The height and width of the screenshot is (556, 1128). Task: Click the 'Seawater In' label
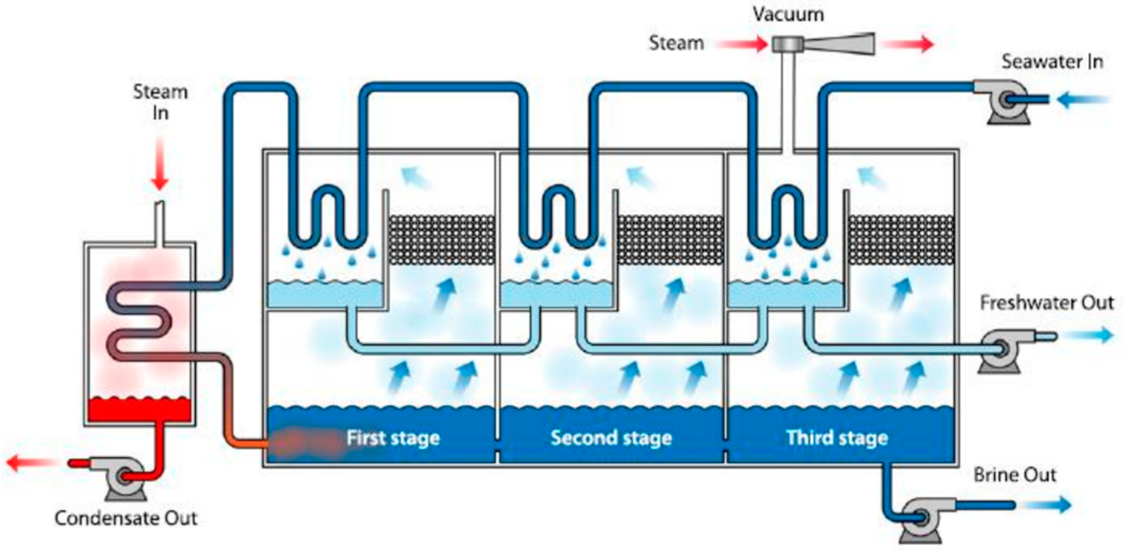[x=1052, y=62]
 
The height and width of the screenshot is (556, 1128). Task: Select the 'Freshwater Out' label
[x=1047, y=303]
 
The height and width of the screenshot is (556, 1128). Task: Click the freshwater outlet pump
[x=999, y=349]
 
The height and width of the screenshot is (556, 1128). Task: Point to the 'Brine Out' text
[x=1015, y=475]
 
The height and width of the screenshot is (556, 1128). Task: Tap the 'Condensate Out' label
[x=125, y=518]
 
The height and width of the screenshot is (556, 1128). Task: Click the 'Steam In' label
[x=160, y=102]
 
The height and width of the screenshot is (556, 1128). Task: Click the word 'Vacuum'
[x=788, y=14]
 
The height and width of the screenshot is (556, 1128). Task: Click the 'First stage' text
[x=393, y=438]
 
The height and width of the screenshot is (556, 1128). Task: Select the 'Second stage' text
[x=611, y=438]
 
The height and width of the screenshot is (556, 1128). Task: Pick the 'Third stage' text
[x=837, y=438]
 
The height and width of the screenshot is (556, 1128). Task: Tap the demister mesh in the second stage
[x=670, y=239]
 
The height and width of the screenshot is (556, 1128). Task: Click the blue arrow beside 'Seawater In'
[x=1084, y=100]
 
